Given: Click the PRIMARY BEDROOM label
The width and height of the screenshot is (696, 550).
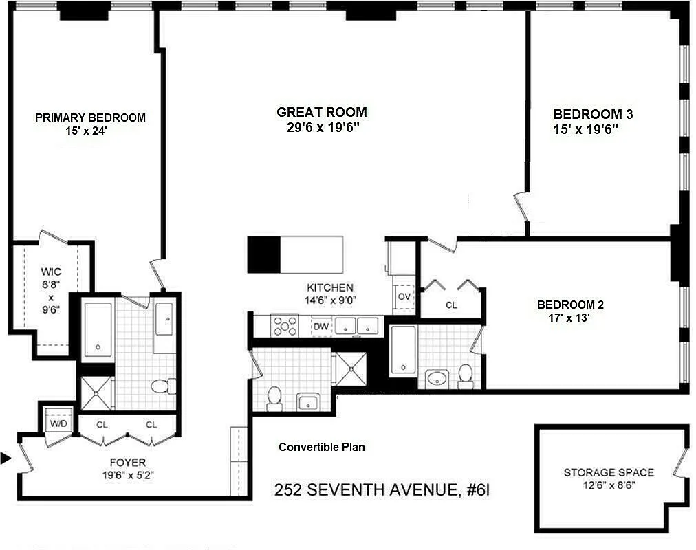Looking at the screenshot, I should pos(90,118).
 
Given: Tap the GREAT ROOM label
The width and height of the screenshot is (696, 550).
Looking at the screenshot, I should pos(321,112).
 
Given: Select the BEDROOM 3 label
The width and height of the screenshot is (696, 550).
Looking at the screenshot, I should pos(593,115).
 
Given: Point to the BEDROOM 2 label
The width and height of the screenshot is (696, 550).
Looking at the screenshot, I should pos(570,305).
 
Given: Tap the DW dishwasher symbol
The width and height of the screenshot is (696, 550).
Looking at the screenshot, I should pos(321,327).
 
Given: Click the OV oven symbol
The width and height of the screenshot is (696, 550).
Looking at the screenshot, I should pos(404,296).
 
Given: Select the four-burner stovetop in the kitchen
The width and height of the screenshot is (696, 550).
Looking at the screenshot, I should pos(285,325).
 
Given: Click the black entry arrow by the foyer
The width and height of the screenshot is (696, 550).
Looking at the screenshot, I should pos(6,458).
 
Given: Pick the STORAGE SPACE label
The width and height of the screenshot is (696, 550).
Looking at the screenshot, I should pos(609,472).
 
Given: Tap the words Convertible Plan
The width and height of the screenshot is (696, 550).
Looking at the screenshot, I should pos(321,447).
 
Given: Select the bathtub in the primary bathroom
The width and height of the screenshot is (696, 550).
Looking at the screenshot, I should pos(98,329).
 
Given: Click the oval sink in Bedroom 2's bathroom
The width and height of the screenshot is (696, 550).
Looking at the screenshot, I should pos(437,378).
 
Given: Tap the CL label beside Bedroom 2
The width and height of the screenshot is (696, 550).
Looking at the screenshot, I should pos(451,305).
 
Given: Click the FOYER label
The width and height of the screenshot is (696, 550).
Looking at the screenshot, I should pos(128,463).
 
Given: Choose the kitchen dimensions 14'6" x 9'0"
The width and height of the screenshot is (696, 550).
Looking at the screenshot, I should pos(330,300).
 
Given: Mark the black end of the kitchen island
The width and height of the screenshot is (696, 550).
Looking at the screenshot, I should pos(263,254).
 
